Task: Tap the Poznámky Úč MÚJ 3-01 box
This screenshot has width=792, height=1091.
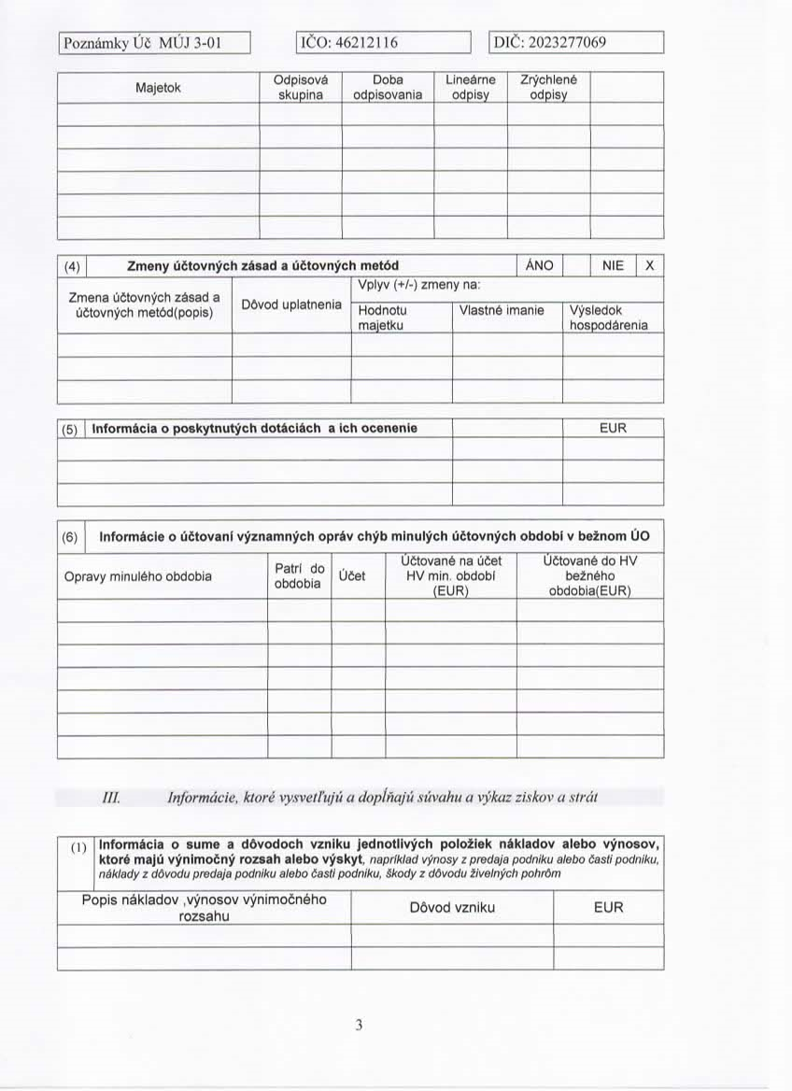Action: [x=155, y=43]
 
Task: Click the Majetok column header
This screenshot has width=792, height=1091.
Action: [x=158, y=88]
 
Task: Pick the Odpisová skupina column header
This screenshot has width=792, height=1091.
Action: [x=300, y=88]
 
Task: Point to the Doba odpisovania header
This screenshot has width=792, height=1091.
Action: [x=388, y=88]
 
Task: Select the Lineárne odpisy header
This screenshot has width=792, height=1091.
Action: [x=471, y=88]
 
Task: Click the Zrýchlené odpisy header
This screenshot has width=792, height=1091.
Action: [x=549, y=88]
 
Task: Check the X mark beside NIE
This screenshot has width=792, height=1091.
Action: [x=650, y=265]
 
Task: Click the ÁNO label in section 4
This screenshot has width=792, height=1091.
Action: [x=540, y=265]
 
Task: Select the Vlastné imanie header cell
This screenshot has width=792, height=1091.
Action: [x=507, y=310]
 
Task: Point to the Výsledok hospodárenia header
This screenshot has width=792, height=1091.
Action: [x=608, y=318]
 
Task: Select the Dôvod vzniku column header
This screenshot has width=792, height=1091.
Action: [x=452, y=907]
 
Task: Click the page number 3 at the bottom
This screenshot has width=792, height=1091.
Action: [x=359, y=1025]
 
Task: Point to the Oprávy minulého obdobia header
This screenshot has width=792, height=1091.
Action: [x=138, y=576]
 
